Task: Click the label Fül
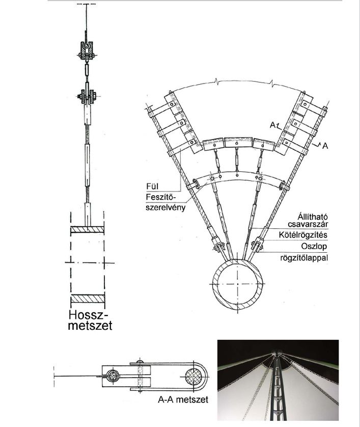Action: pyautogui.click(x=152, y=186)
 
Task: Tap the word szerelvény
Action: pyautogui.click(x=165, y=207)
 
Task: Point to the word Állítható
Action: pyautogui.click(x=312, y=217)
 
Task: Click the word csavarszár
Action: pyautogui.click(x=308, y=224)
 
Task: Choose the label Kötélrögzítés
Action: pyautogui.click(x=303, y=234)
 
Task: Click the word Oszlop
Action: pyautogui.click(x=314, y=247)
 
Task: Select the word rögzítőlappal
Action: pyautogui.click(x=304, y=258)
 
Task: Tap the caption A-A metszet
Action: pyautogui.click(x=183, y=399)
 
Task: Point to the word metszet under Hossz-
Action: pyautogui.click(x=90, y=326)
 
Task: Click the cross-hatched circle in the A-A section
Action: pyautogui.click(x=193, y=377)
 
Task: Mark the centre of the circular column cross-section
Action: pyautogui.click(x=238, y=284)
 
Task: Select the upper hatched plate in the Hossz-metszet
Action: pyautogui.click(x=88, y=230)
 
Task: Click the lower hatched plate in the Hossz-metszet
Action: pyautogui.click(x=88, y=299)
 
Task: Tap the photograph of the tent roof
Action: pyautogui.click(x=278, y=380)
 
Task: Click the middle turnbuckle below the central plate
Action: pyautogui.click(x=237, y=159)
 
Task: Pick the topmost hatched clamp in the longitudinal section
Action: pyautogui.click(x=86, y=49)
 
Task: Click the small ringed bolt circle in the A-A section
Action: pyautogui.click(x=113, y=377)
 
